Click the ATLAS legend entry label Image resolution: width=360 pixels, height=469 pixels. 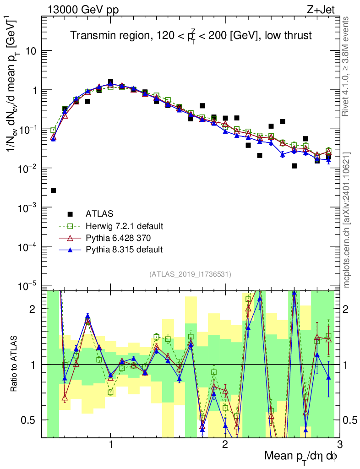coord(99,213)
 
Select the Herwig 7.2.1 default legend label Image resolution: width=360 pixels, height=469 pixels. coord(125,226)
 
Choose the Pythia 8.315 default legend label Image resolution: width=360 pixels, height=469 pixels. coord(124,250)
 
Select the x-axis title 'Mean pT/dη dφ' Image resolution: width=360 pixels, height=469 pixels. coord(301,456)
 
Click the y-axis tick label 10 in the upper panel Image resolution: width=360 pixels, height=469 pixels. coord(31,51)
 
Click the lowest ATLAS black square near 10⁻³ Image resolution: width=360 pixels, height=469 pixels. coord(53,190)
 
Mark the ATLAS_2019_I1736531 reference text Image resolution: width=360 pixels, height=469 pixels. coord(190,274)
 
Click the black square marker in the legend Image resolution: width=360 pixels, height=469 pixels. coord(70,213)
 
